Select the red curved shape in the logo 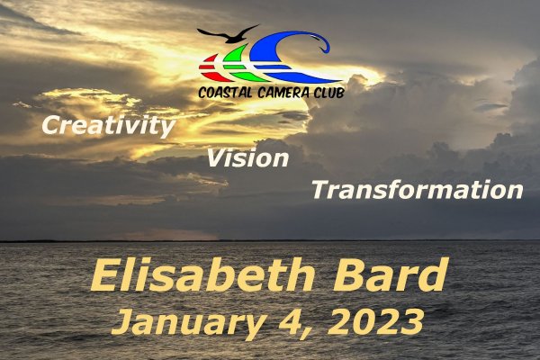[211, 67]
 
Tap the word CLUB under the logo [328, 93]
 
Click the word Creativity [109, 126]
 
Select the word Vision [247, 157]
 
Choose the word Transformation [418, 190]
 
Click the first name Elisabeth [202, 276]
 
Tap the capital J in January [124, 322]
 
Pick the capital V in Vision [217, 158]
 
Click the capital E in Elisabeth [106, 276]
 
